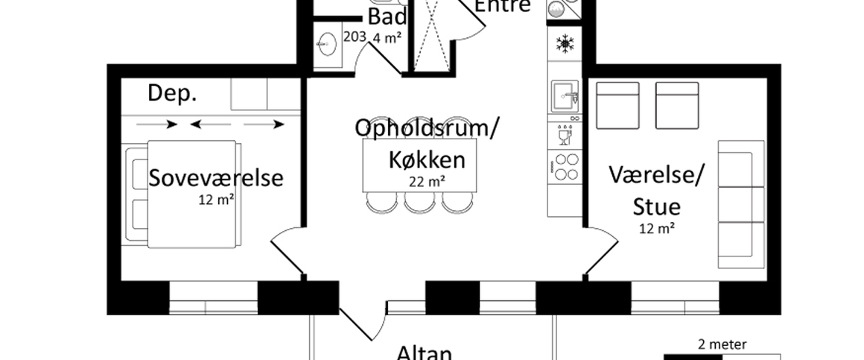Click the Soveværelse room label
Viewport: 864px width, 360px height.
tap(216, 178)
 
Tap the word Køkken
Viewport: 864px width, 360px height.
tap(427, 159)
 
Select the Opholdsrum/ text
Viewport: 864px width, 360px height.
tap(427, 128)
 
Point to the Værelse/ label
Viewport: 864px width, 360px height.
tap(655, 176)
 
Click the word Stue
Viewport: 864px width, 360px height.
tap(655, 206)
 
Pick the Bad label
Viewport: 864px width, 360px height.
tap(387, 16)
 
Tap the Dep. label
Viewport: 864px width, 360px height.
tap(172, 93)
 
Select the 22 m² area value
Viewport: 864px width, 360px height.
tap(427, 180)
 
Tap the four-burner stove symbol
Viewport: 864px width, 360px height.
tap(565, 166)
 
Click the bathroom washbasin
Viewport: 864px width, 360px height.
tap(325, 45)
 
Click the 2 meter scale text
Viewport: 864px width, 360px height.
tap(722, 344)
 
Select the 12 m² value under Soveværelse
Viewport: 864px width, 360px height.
tap(216, 200)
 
